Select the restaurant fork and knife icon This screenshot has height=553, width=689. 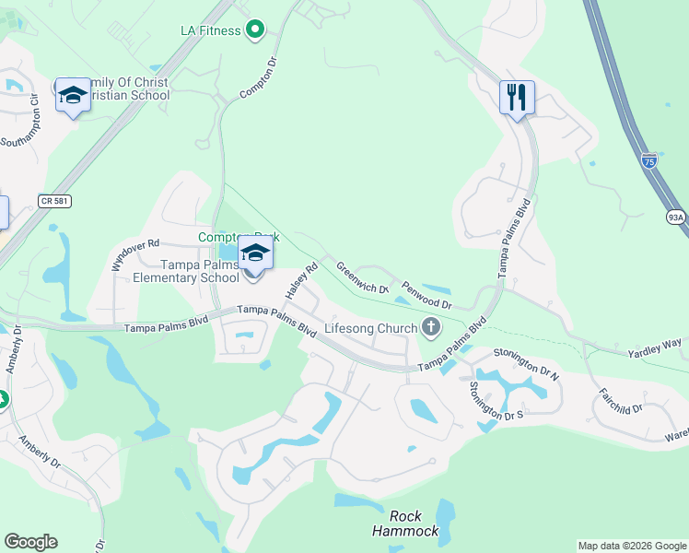point(517,96)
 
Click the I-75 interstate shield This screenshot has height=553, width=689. point(649,159)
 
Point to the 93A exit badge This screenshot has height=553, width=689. point(676,217)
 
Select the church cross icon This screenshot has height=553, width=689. point(430,326)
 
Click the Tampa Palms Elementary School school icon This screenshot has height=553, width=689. point(255,253)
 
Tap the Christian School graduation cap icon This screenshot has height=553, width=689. point(73,95)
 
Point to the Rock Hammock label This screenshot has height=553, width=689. point(405,524)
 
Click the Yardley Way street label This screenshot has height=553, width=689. point(655,347)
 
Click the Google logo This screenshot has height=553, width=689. point(30,542)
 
